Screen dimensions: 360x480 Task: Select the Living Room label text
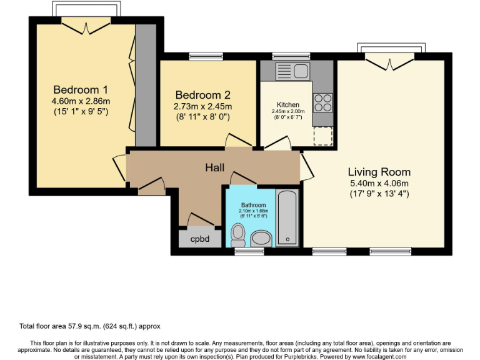379,172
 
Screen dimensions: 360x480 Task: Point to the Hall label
216,167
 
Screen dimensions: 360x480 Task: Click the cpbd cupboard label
199,238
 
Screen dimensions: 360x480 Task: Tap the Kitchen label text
288,104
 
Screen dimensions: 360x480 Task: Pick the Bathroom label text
254,205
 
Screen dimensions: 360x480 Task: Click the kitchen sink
292,70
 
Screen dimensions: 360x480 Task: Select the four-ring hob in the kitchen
323,102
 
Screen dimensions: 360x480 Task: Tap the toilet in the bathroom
237,235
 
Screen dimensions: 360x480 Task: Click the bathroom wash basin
261,238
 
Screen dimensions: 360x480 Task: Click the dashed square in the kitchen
323,135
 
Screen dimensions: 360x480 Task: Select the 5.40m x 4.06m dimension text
379,183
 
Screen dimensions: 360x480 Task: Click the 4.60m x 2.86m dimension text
81,101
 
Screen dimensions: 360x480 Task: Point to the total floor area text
94,326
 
